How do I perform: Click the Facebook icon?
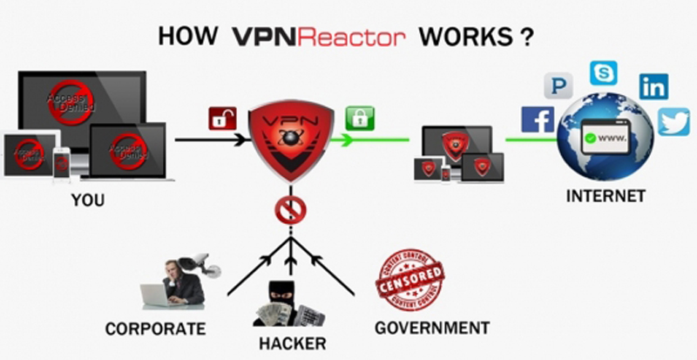point(538,119)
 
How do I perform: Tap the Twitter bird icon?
point(673,121)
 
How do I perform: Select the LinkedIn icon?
point(653,85)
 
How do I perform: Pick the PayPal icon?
point(558,85)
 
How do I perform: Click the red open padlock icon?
point(221,118)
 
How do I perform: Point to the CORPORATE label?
point(155,329)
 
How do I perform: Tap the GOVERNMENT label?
point(431,328)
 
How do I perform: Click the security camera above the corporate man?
point(193,262)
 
